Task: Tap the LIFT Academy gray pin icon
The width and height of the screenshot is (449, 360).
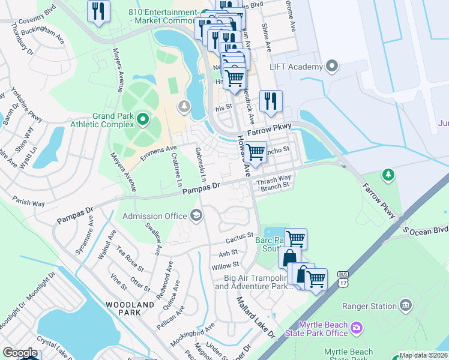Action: (333, 66)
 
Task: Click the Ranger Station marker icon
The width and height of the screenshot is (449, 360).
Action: (406, 305)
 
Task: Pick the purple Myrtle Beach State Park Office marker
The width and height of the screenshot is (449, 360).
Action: (357, 328)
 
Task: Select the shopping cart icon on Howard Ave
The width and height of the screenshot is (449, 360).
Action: (256, 152)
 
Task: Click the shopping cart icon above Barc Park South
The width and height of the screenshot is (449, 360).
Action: (295, 238)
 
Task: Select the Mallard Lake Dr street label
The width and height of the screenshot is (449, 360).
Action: (255, 317)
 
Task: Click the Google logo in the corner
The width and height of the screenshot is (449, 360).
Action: (20, 353)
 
